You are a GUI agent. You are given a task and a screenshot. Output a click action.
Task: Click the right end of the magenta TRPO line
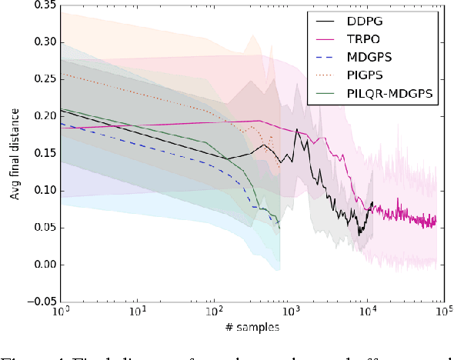point(436,220)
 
